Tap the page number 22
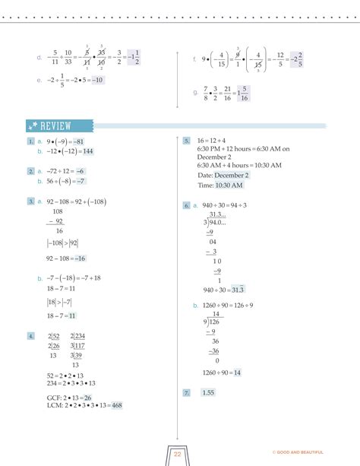(x=177, y=453)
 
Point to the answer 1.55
(x=208, y=392)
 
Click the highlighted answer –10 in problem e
(x=96, y=80)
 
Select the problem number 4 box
(x=30, y=335)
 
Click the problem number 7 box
(x=185, y=392)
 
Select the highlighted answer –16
(x=81, y=258)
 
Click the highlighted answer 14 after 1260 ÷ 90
(x=237, y=372)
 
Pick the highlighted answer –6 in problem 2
(x=80, y=172)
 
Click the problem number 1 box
(x=30, y=141)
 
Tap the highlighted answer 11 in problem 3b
(x=71, y=315)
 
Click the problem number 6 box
(x=185, y=205)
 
